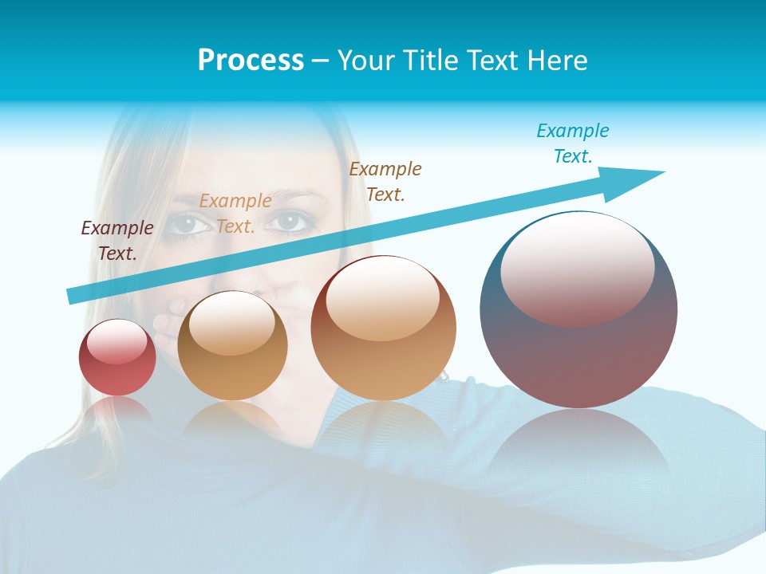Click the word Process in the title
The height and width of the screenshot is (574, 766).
pos(251,60)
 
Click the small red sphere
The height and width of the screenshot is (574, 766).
pos(117,357)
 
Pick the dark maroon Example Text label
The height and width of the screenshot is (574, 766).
pos(117,240)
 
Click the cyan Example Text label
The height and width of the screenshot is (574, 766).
pos(572,143)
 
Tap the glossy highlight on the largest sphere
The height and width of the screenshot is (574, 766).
pos(577,267)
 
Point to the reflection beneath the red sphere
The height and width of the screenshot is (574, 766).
pos(117,411)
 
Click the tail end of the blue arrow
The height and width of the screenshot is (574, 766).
pos(74,296)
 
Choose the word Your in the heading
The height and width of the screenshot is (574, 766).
pos(365,60)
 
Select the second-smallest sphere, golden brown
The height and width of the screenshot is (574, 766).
pos(232,346)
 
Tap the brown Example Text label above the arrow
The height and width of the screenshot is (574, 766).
pos(385,181)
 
